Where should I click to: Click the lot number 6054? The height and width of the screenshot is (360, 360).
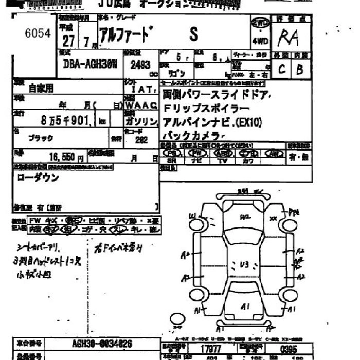[x=38, y=34]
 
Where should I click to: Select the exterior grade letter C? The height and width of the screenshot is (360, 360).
[x=282, y=69]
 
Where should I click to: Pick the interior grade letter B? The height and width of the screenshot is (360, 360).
[x=300, y=69]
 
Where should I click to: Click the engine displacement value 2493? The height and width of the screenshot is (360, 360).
[x=140, y=65]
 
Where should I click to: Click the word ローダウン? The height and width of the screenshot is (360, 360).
[x=38, y=178]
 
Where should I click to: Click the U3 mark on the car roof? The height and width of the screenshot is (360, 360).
[x=244, y=265]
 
